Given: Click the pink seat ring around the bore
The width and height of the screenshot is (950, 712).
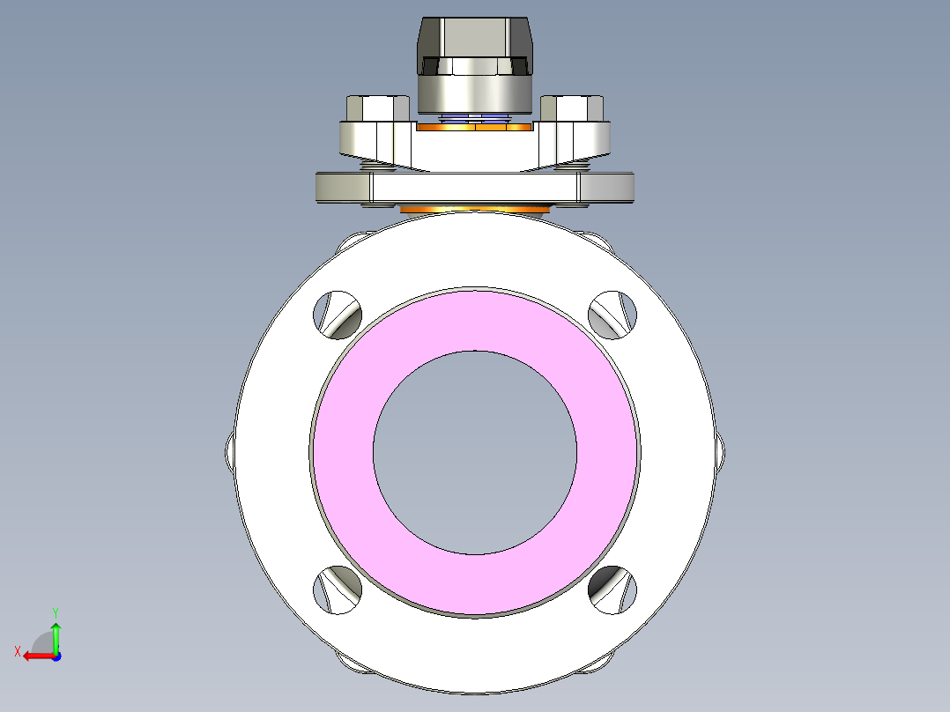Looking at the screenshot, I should pos(344,449).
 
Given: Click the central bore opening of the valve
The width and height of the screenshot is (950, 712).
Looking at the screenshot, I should pos(475,451).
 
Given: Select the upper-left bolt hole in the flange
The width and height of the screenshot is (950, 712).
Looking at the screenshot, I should pos(338,314).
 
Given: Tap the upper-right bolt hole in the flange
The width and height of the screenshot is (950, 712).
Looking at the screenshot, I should pos(612,314).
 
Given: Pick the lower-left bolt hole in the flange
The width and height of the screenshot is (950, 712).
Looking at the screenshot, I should pos(338,589).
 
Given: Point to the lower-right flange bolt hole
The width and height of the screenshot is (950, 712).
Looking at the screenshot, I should pos(612,589).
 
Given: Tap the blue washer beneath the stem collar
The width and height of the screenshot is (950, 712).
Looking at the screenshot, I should pos(474,116).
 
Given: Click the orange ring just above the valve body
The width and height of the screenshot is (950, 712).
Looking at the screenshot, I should pos(474,210).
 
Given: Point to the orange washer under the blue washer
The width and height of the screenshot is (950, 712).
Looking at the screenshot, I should pos(474,127).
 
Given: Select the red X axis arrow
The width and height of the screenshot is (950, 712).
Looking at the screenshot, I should pos(35,656).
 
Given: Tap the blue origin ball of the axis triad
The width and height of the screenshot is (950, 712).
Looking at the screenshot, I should pos(56,656).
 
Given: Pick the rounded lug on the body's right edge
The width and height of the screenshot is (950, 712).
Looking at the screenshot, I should pos(721,451).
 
